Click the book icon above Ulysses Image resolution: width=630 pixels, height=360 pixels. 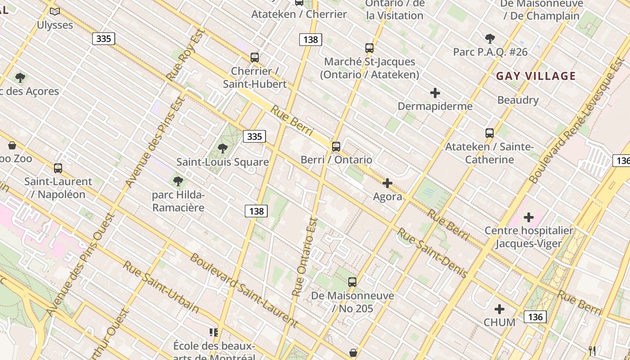pos(55,11)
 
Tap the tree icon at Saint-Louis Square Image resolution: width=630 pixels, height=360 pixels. pos(222,148)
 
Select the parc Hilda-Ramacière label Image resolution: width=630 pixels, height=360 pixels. pos(178,201)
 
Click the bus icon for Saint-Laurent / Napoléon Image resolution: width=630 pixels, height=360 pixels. pos(58,168)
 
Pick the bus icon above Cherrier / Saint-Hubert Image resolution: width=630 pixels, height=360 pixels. pos(255,58)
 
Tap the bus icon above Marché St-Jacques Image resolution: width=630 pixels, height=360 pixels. pos(369,48)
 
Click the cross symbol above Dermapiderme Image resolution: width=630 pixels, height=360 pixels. pos(435,93)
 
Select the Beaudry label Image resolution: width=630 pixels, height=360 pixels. pos(518,100)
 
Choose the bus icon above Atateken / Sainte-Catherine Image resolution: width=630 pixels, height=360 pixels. pos(490,133)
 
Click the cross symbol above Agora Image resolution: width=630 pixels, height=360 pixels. pos(387,183)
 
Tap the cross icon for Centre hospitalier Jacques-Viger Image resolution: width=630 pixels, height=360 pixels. pos(529,218)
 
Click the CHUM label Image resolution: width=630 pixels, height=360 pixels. pos(499,322)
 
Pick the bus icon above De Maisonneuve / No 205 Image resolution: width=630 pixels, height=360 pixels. pos(352,282)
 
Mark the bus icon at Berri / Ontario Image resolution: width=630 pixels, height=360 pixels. pos(336,146)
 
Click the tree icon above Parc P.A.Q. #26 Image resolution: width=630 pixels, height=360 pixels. pos(490,39)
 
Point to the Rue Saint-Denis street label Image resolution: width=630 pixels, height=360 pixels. pos(432,252)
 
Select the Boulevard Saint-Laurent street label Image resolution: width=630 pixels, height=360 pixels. pos(244,290)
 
